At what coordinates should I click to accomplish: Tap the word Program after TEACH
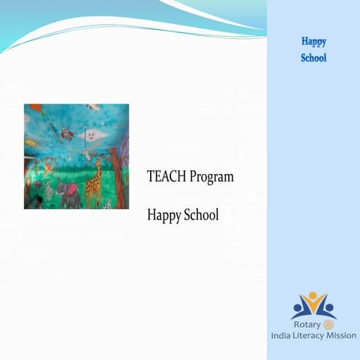[211, 178]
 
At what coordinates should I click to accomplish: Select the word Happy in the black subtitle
[164, 215]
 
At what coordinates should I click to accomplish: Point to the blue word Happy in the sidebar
[313, 41]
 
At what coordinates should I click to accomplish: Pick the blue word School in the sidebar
[313, 58]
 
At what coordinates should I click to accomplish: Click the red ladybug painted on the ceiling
[67, 135]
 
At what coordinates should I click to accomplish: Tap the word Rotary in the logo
[306, 325]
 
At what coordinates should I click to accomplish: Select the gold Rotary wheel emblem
[327, 325]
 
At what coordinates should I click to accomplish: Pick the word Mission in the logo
[341, 336]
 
